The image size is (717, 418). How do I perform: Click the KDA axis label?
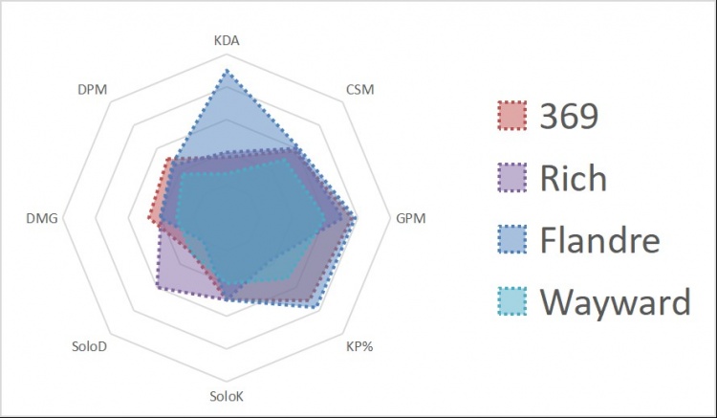[x=226, y=42]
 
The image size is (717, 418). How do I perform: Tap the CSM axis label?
[x=359, y=91]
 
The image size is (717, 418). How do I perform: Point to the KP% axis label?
[x=359, y=346]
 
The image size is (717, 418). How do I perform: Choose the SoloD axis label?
[x=90, y=346]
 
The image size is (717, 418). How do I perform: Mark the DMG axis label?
[x=43, y=218]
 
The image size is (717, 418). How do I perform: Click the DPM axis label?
[x=92, y=91]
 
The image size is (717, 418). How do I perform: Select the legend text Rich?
[x=573, y=177]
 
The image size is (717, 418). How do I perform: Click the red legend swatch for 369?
[x=512, y=116]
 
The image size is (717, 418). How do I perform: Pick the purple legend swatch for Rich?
[x=512, y=177]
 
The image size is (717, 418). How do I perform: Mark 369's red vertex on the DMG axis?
[x=149, y=219]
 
